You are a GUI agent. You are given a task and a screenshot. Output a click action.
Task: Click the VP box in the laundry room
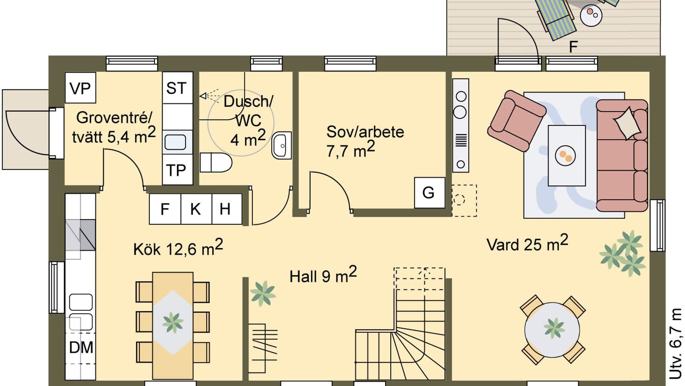(80, 88)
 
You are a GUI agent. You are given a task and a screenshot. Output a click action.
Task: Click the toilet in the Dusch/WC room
(216, 163)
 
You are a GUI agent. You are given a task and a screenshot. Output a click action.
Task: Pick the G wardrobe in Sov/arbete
(429, 193)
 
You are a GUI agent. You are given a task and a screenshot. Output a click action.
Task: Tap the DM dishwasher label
(81, 347)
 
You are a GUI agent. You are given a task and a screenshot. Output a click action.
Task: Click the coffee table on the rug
(566, 155)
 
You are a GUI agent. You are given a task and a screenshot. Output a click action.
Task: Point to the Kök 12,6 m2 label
(178, 248)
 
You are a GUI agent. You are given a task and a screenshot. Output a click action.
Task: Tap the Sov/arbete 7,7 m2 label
(365, 141)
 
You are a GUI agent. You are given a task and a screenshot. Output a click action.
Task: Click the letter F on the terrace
(573, 47)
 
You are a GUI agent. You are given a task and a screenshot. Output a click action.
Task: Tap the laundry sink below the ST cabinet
(176, 142)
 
